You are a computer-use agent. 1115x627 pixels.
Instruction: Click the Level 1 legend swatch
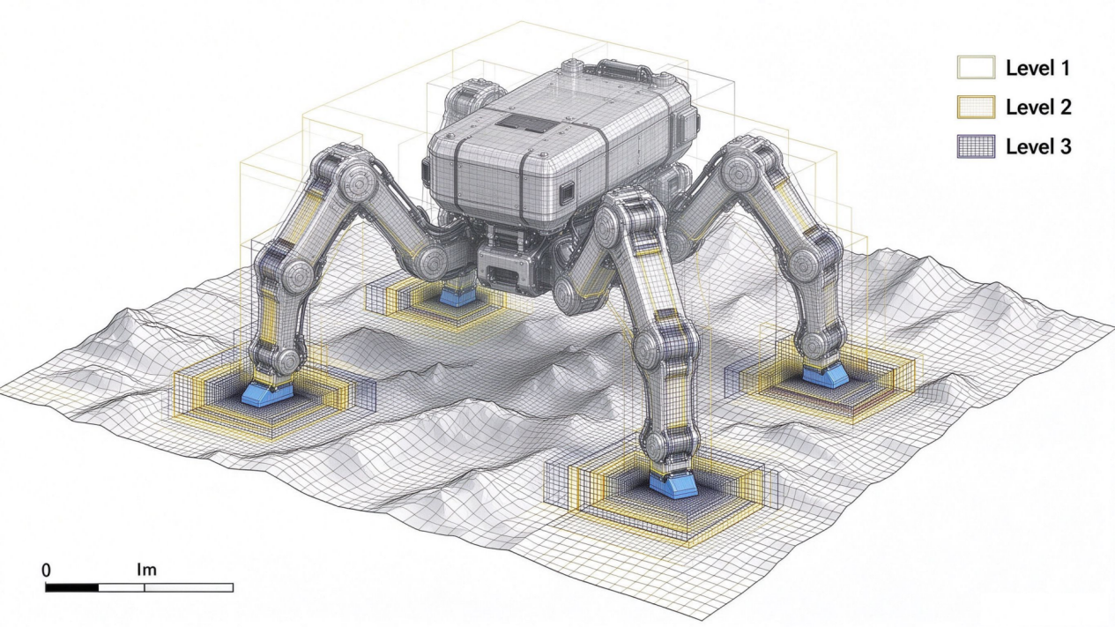coord(976,67)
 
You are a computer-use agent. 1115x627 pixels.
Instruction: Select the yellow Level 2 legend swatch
coord(976,107)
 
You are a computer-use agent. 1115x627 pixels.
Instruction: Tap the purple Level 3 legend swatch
coord(976,146)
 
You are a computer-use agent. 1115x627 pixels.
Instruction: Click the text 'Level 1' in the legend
coord(1037,68)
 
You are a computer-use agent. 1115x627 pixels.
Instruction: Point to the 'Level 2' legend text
coord(1038,107)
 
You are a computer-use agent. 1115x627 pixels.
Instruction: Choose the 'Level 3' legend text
coord(1038,146)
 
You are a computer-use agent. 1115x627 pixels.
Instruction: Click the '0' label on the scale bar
coord(47,571)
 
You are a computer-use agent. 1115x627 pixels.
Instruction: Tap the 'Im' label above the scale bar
coord(147,569)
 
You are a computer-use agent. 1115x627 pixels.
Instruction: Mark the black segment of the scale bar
coord(72,587)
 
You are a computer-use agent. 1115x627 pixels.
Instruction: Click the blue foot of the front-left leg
coord(267,394)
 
